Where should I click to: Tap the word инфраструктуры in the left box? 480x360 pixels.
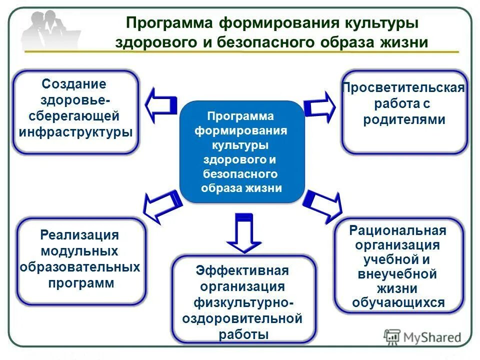coord(75,132)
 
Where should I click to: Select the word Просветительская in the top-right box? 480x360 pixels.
coord(403,88)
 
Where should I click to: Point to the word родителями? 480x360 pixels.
coord(404,120)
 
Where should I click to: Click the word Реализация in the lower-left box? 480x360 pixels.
coord(79,235)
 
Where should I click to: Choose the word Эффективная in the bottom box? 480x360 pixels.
coord(242,271)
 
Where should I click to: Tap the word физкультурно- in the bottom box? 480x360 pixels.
coord(243,303)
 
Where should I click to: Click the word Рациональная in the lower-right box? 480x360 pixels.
coord(398,230)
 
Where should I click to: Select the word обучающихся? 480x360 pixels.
coord(398,303)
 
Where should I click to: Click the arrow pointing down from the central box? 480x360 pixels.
coord(244,232)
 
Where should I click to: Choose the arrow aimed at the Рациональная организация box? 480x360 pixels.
coord(323,205)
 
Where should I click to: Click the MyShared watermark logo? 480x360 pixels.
coord(422,337)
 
